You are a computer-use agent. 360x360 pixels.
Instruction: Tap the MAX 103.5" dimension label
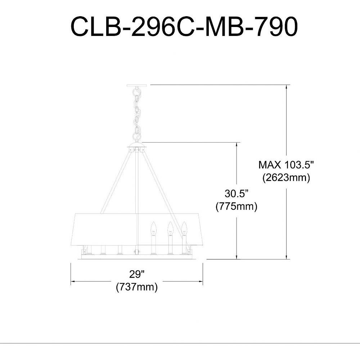286,165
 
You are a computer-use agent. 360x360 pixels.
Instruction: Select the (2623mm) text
286,177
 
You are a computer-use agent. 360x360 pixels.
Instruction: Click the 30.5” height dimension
237,194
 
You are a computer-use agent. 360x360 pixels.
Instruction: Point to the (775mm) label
237,206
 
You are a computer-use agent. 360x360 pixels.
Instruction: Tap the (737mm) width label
137,287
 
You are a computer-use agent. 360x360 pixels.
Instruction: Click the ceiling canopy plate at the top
137,85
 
